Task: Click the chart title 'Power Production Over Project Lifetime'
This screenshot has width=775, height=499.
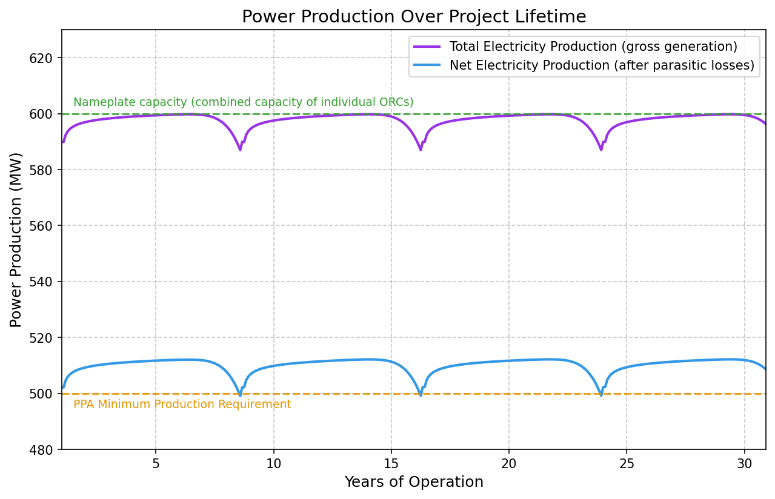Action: (x=414, y=17)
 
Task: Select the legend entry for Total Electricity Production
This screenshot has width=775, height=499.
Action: (x=593, y=47)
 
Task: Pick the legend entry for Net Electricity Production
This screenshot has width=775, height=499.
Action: (x=601, y=66)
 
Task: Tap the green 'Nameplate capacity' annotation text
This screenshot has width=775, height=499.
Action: (x=243, y=102)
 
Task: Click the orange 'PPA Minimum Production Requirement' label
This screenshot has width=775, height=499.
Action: (x=182, y=405)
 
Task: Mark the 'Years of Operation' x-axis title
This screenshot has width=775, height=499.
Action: (x=414, y=482)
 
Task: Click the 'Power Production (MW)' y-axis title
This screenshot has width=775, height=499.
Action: (x=16, y=239)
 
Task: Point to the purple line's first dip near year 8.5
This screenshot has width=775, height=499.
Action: (x=240, y=149)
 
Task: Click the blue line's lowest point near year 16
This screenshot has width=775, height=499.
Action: (x=421, y=395)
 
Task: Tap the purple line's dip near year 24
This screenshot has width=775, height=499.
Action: (x=601, y=149)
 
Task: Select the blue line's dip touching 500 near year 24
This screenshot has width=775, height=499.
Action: (x=601, y=395)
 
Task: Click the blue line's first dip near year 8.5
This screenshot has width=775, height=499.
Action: (x=240, y=395)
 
